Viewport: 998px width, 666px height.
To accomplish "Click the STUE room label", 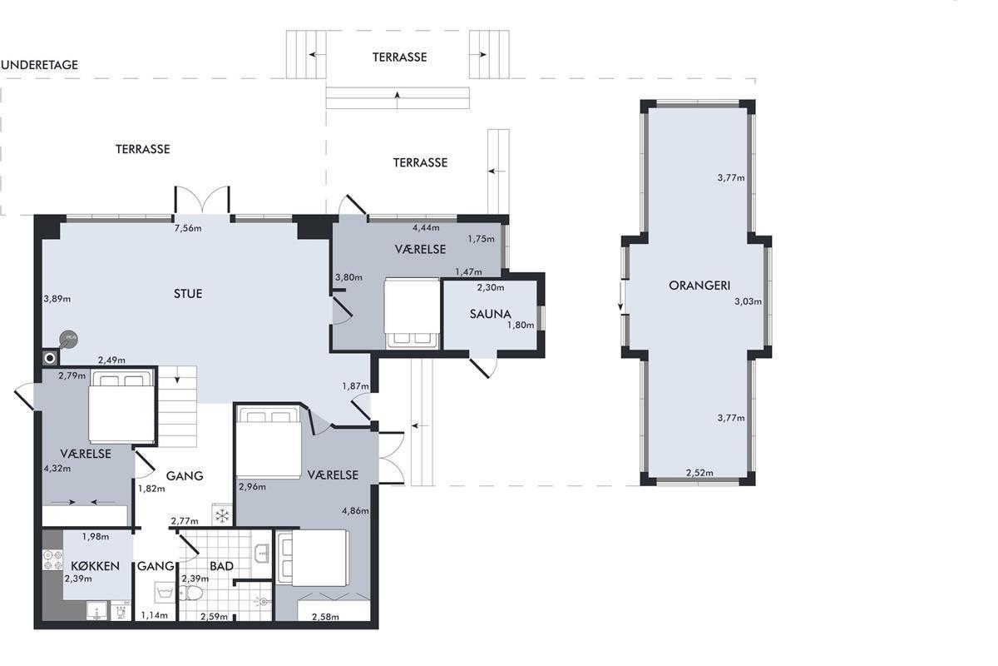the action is [188, 294].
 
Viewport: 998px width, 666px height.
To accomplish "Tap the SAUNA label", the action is [490, 314].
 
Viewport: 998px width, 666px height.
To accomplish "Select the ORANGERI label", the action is [699, 286].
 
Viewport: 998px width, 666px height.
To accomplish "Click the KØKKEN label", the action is [96, 566].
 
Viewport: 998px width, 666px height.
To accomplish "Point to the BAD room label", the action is [221, 566].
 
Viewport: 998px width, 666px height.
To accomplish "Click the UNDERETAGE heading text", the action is [40, 65].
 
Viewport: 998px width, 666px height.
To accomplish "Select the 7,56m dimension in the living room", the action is [188, 228].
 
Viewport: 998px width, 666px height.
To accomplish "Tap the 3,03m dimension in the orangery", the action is [748, 301].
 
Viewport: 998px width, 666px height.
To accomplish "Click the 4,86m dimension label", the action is [355, 511].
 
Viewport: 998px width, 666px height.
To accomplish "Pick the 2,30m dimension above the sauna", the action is [491, 288].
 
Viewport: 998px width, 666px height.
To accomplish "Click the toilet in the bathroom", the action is [191, 593].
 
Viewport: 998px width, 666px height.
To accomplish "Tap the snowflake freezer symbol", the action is [222, 516].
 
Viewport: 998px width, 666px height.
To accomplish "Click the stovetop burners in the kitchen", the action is [52, 559].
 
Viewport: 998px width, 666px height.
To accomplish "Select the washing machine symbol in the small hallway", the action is [165, 593].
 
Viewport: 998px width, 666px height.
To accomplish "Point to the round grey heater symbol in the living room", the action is [68, 340].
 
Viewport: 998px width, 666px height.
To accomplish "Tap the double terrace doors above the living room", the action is [202, 200].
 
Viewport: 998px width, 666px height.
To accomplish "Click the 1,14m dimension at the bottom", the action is [155, 615].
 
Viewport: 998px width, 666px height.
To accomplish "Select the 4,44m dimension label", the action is [426, 228].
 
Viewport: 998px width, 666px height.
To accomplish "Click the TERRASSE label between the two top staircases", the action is [400, 57].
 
